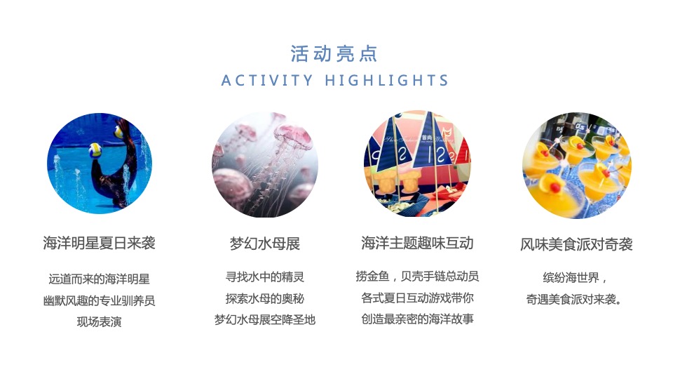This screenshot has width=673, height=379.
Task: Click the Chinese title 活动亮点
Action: click(x=334, y=53)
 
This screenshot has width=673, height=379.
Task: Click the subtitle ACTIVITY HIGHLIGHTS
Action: click(x=334, y=81)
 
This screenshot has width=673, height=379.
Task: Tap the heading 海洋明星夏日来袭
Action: click(x=99, y=244)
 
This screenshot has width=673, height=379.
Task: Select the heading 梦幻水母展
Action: click(x=265, y=244)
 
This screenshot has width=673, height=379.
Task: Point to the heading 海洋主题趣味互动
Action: click(x=417, y=244)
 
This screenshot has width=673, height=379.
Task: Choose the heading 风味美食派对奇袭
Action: click(x=576, y=244)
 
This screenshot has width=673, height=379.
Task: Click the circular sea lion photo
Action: click(x=100, y=164)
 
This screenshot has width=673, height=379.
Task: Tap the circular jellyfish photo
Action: click(x=265, y=164)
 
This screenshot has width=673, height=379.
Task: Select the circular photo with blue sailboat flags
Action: click(x=417, y=164)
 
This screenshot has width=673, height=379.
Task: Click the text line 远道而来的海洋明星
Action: click(x=99, y=279)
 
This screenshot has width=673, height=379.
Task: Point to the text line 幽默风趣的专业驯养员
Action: click(x=99, y=300)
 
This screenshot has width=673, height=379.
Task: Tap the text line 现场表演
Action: click(x=99, y=322)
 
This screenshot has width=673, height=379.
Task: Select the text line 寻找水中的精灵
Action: click(x=265, y=277)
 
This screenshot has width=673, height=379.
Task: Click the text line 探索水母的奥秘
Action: click(x=265, y=298)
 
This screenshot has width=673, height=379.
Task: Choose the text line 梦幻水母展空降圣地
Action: click(x=265, y=320)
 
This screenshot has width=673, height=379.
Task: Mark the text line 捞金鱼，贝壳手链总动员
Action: click(x=417, y=277)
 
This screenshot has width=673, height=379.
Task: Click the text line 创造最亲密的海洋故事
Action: click(x=417, y=319)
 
